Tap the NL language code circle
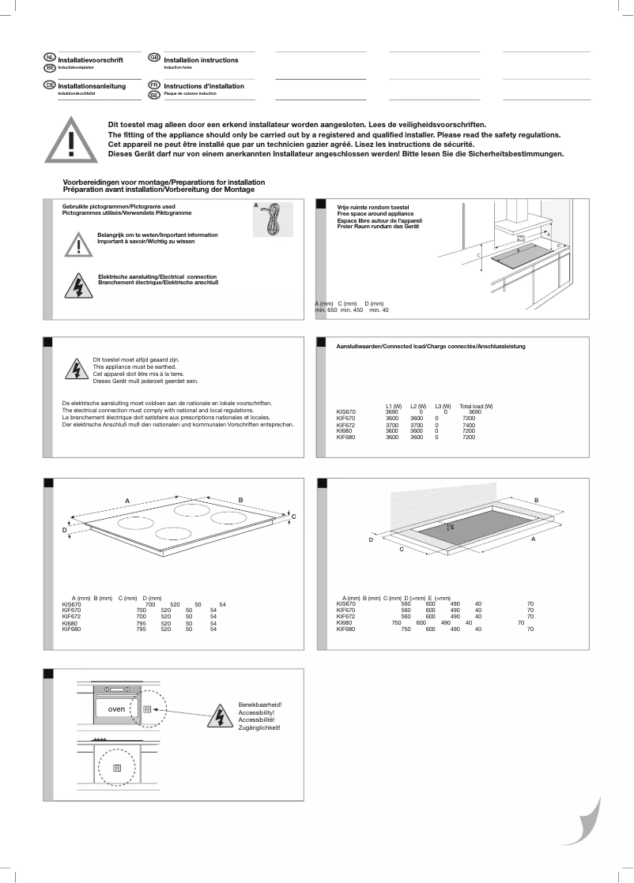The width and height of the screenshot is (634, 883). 49,58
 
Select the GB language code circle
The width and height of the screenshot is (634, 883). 154,58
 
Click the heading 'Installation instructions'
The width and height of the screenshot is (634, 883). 201,60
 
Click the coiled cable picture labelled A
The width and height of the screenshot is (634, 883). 272,219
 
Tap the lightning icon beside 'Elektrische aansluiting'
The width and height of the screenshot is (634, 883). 78,284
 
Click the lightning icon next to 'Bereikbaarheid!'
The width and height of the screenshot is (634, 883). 217,716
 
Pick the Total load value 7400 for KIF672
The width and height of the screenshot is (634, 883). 469,424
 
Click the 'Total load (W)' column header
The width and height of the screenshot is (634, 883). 476,406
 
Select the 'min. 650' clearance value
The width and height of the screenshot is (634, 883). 326,310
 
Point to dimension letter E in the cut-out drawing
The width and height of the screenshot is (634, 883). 452,526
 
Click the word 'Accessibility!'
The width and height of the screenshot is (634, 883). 256,712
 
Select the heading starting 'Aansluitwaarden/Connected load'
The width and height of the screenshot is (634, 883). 431,347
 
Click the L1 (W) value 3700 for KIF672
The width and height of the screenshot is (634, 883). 391,424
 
